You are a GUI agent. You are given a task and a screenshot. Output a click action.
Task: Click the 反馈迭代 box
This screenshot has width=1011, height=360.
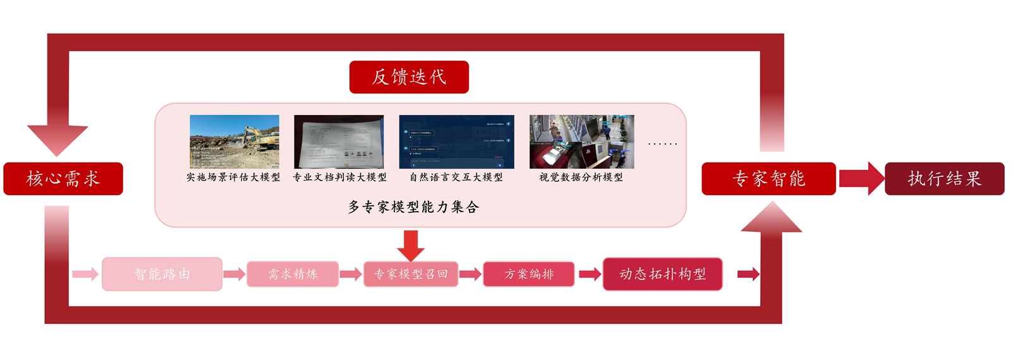(409, 77)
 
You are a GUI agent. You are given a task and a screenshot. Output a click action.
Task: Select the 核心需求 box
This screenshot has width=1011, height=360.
(63, 179)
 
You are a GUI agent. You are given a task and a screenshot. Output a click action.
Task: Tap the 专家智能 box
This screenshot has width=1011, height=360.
(768, 179)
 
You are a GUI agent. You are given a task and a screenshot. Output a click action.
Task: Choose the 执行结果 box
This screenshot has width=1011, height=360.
(944, 179)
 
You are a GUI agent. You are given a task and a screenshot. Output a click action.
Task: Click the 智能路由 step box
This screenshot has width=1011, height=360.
(162, 274)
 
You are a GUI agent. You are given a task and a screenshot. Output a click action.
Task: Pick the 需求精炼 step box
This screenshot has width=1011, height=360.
(293, 274)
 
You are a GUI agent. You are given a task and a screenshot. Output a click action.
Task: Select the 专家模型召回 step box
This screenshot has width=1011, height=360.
(411, 274)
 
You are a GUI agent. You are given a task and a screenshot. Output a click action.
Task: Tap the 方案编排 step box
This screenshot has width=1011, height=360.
(529, 274)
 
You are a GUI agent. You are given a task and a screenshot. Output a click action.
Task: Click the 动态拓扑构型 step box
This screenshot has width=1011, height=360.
(662, 274)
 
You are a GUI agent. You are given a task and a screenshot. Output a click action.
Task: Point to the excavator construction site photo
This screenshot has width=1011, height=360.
(234, 141)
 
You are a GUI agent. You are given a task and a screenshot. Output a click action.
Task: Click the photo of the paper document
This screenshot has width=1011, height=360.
(339, 141)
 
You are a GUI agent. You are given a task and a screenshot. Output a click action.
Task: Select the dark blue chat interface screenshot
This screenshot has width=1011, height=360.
(456, 141)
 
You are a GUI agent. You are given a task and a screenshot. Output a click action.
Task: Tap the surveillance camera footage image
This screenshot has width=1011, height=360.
(581, 141)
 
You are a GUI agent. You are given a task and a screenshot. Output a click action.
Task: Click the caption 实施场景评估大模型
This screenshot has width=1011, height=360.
(233, 177)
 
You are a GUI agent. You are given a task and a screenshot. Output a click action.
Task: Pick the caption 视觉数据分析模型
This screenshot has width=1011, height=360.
(581, 177)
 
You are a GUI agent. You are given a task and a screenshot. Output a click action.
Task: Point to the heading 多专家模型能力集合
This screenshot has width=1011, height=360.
(414, 207)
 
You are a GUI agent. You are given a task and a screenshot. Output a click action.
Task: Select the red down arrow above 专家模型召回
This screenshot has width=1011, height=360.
(411, 246)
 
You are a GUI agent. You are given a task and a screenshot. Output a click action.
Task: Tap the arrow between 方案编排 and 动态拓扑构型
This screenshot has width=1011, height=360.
(590, 274)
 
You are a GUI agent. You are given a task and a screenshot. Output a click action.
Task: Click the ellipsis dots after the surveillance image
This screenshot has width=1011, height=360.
(662, 144)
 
